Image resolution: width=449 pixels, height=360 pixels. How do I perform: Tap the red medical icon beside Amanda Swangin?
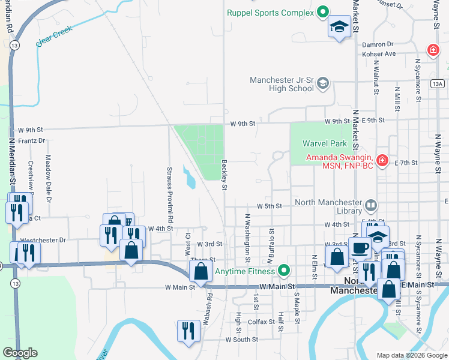pyautogui.click(x=382, y=161)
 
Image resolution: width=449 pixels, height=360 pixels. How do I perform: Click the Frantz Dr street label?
pyautogui.click(x=32, y=141)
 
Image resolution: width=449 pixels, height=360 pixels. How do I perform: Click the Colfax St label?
pyautogui.click(x=260, y=322)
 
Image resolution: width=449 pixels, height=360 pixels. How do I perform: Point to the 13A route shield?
pyautogui.click(x=438, y=85)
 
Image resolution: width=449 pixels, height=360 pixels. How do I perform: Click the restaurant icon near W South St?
pyautogui.click(x=188, y=331)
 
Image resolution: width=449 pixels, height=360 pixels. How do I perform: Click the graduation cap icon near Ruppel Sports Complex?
pyautogui.click(x=339, y=28)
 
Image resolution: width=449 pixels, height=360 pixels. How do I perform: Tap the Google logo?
pyautogui.click(x=20, y=353)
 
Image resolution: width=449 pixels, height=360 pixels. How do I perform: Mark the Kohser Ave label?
pyautogui.click(x=382, y=54)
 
